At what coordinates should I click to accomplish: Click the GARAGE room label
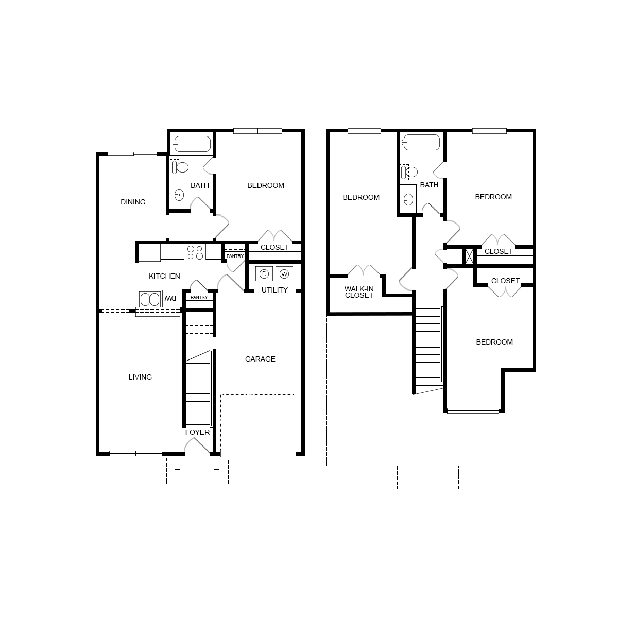260,359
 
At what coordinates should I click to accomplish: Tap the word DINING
133,202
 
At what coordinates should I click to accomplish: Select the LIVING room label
140,377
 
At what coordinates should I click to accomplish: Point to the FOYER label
198,432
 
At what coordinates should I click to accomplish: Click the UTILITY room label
274,290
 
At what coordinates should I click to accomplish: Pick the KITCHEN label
164,276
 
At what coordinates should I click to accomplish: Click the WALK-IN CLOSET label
359,292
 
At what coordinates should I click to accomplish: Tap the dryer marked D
264,274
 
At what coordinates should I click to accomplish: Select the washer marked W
284,274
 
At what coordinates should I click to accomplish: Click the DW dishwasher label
170,298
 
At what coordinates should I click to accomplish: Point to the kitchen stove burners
195,252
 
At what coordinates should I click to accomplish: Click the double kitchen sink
149,299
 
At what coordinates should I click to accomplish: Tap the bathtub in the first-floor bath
191,144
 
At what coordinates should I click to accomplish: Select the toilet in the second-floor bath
409,171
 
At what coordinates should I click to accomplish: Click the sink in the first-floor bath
179,195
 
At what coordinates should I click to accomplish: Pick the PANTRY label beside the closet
235,256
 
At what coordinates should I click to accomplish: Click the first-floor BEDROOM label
266,185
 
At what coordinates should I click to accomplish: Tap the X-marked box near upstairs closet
469,256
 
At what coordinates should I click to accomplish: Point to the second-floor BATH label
429,185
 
